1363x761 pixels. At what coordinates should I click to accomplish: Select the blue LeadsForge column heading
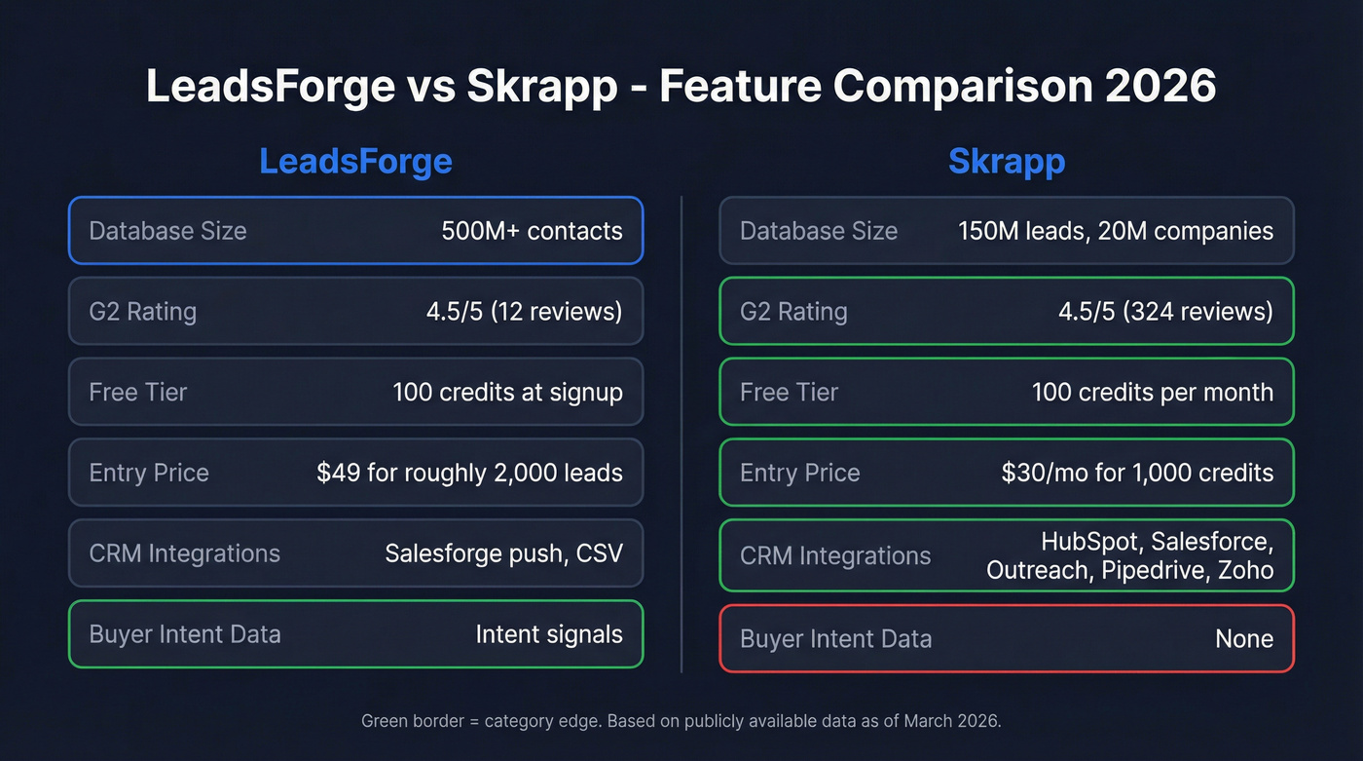355,161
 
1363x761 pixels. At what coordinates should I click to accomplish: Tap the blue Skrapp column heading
1006,161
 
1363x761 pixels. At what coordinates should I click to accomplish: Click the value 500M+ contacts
532,231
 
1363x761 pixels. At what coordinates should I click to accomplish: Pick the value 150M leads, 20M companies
1115,231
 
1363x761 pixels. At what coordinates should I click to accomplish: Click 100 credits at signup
507,392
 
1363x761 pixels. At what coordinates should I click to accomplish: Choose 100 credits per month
1152,392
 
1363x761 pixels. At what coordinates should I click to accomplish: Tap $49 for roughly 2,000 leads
469,473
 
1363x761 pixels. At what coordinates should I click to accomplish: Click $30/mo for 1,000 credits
1137,473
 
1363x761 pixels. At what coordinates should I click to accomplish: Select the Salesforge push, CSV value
503,553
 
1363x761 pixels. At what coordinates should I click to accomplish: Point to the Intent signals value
549,634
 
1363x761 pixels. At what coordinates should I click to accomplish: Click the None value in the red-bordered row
1244,639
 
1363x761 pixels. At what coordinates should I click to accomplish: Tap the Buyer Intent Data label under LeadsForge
185,634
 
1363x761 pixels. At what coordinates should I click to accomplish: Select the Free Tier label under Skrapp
789,392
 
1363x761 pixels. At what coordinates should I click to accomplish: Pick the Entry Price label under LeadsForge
149,473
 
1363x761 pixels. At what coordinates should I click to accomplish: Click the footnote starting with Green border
681,721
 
